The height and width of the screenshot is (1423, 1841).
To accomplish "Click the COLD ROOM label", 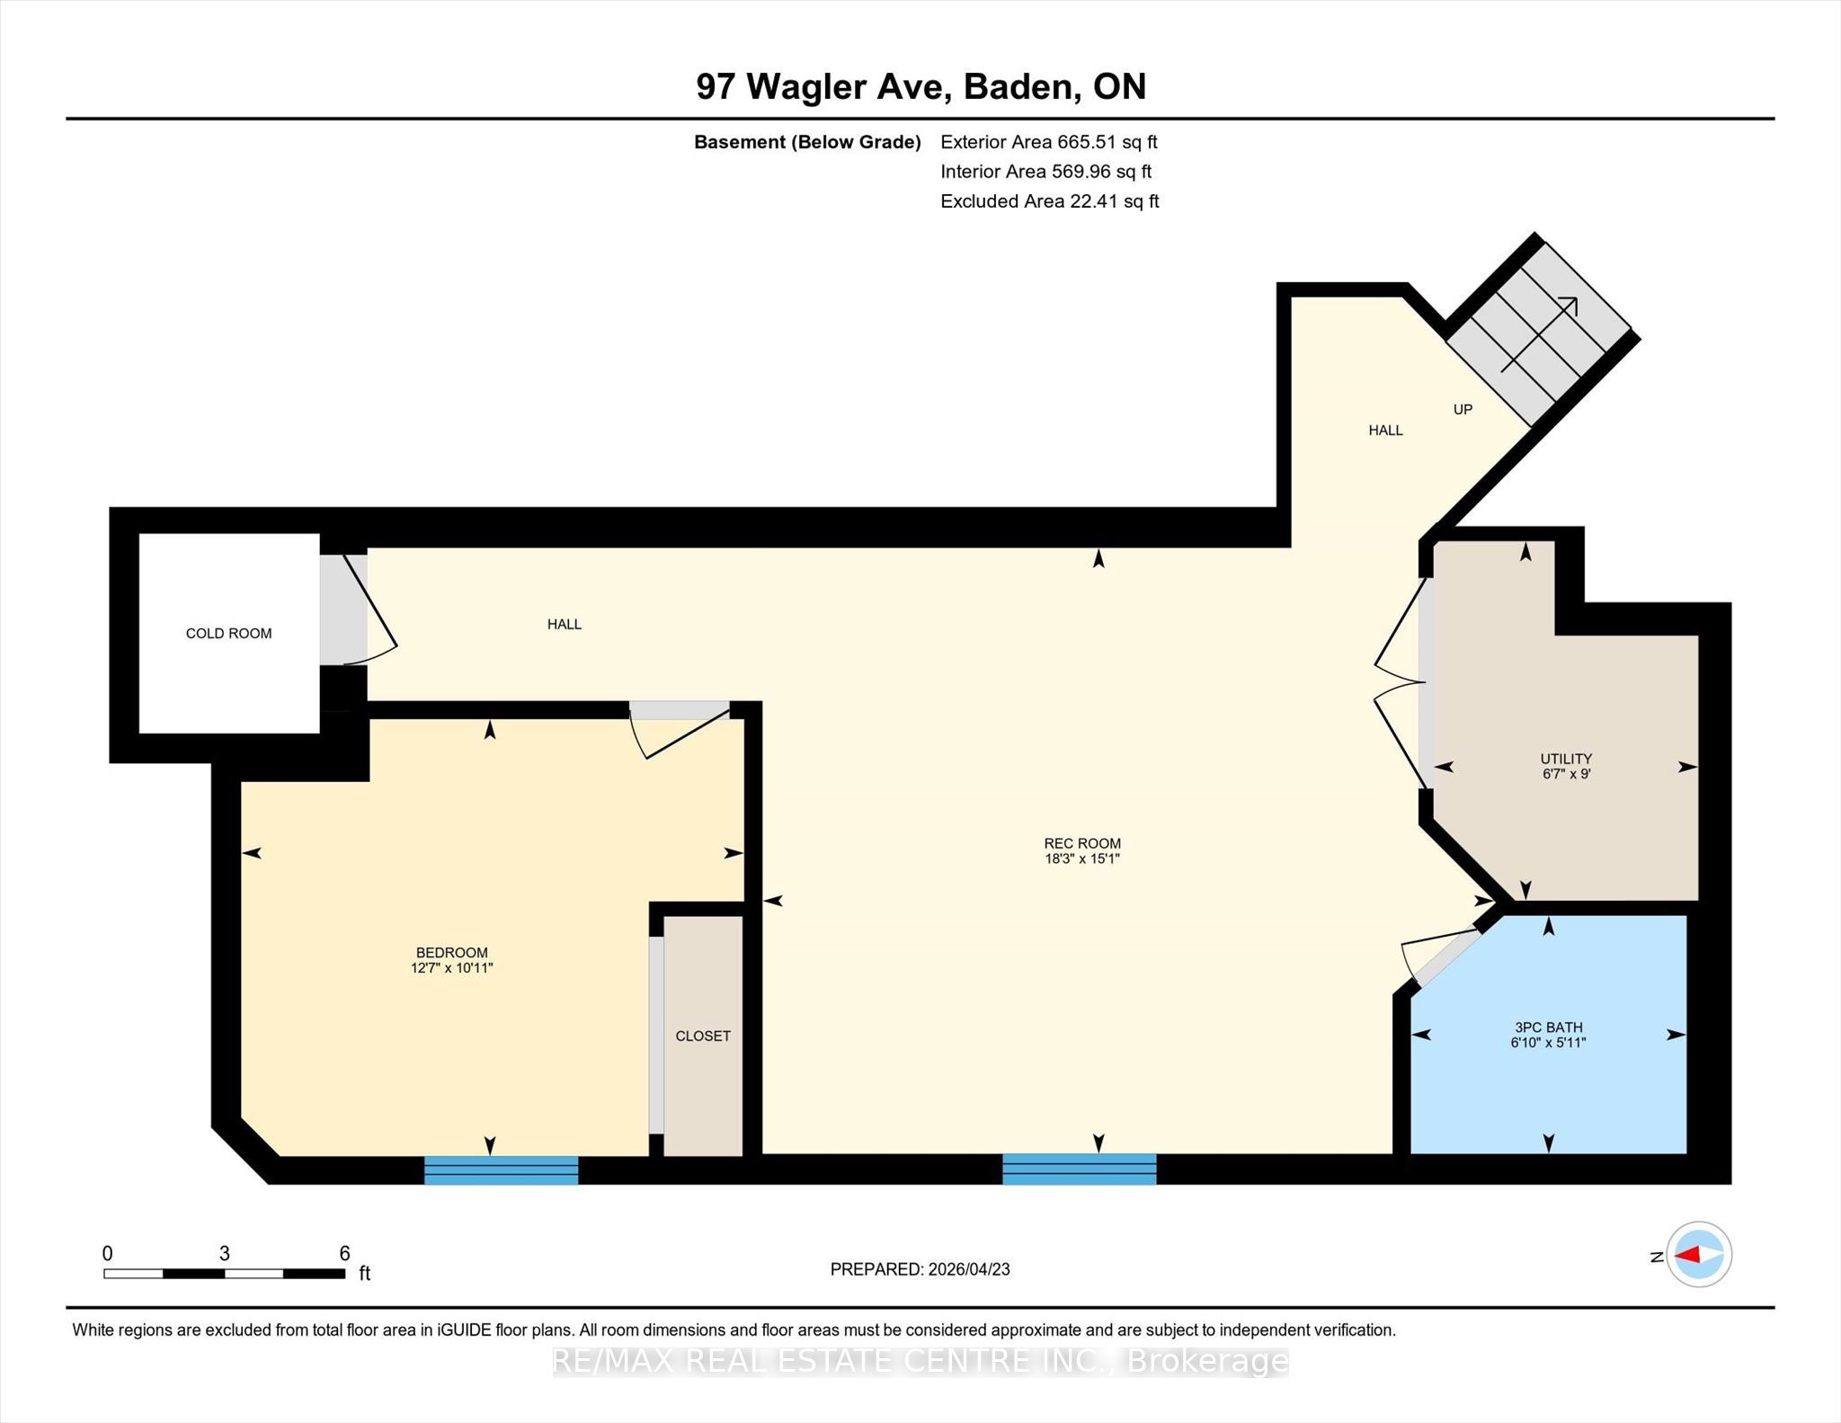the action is [x=228, y=634].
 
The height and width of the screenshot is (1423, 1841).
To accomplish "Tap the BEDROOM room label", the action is [x=451, y=953].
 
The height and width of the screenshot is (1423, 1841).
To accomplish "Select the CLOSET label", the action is [x=703, y=1036].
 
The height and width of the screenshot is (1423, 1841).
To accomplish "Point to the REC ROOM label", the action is [x=1082, y=844].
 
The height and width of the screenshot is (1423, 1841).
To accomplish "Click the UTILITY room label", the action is [x=1566, y=759].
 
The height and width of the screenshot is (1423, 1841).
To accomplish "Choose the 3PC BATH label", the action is [x=1549, y=1027].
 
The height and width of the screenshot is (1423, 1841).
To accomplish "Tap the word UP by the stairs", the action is [x=1463, y=410].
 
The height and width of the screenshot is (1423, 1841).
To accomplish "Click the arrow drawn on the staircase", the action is [x=1539, y=334].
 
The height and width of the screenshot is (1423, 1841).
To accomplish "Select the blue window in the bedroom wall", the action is [x=501, y=1170].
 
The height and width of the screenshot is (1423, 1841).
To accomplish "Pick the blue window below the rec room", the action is [x=1079, y=1169].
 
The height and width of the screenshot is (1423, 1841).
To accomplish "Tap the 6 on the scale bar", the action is [x=344, y=1253].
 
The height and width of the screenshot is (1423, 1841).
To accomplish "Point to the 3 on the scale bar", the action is [x=225, y=1253].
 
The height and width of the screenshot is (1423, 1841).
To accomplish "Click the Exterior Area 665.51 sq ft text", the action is [x=1049, y=142].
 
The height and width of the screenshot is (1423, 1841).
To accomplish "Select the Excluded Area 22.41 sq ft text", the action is [x=1050, y=201].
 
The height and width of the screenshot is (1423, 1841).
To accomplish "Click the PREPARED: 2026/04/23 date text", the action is [x=920, y=1269].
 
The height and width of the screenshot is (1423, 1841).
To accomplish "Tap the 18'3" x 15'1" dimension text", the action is [x=1082, y=859].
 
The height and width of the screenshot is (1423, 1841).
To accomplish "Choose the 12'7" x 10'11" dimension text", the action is [x=452, y=968].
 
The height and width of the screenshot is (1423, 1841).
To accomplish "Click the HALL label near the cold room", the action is [x=565, y=625].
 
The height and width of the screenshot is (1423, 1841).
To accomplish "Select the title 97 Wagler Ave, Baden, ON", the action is [x=921, y=86].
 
